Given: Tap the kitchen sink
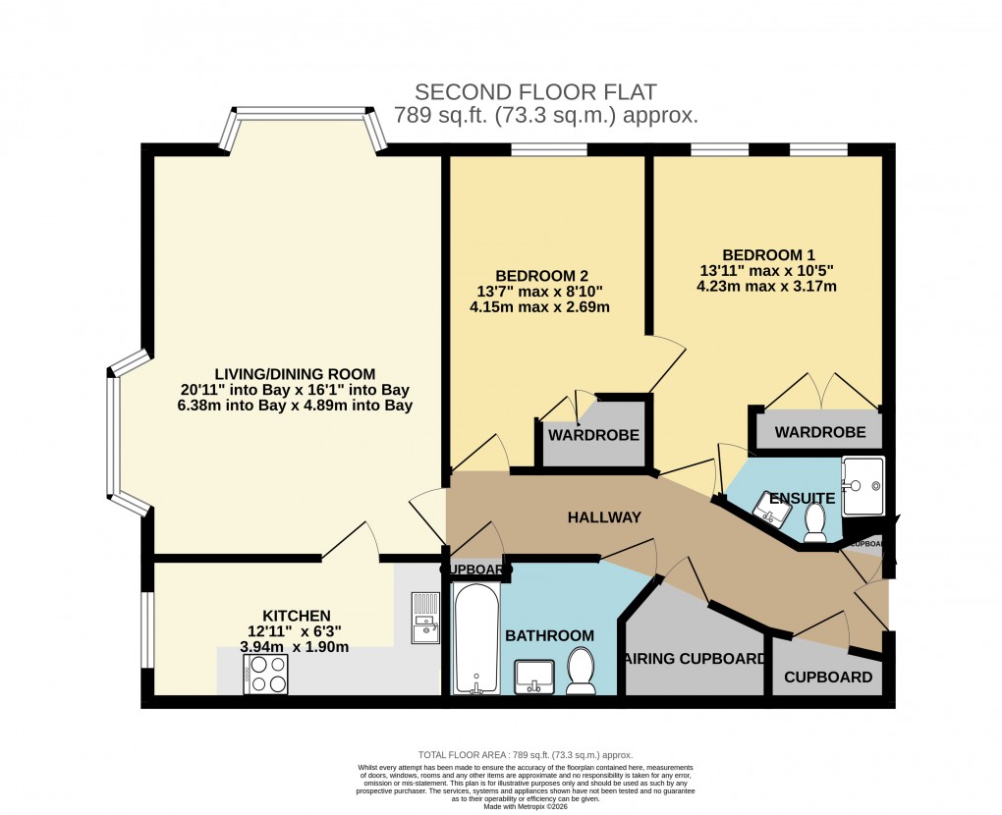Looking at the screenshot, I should [425, 618].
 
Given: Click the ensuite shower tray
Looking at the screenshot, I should [863, 484].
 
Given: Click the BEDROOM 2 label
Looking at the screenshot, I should [541, 274].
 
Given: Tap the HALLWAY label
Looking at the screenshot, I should [604, 517].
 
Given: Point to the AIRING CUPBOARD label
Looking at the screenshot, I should [693, 659].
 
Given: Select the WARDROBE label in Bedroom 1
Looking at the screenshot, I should [820, 432].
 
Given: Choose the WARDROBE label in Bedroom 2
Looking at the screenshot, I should [593, 435].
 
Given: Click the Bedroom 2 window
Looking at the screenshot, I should [550, 150].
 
